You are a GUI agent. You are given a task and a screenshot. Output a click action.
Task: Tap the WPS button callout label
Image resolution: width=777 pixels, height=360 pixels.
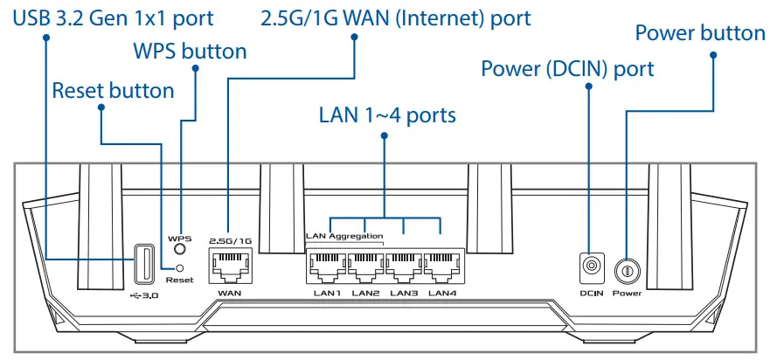(x=190, y=52)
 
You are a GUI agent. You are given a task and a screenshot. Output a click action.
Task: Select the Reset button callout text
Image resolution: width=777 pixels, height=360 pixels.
(x=113, y=90)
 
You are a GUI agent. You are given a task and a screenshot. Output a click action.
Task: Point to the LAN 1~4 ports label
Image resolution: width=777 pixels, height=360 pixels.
(x=386, y=115)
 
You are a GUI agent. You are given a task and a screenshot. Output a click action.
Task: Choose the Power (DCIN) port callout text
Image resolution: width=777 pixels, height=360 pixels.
(x=567, y=68)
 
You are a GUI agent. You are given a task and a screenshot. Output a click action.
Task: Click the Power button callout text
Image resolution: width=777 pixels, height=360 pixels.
(x=699, y=33)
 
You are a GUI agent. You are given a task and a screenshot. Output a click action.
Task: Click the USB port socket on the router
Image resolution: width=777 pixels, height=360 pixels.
(x=146, y=263)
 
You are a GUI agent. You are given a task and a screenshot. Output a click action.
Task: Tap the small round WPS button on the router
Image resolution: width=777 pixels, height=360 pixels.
(x=179, y=250)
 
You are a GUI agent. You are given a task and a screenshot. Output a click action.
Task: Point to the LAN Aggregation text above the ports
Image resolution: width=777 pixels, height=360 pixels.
(x=344, y=236)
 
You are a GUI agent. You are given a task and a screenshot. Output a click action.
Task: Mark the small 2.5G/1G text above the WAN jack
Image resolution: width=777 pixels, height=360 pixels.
(x=230, y=239)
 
